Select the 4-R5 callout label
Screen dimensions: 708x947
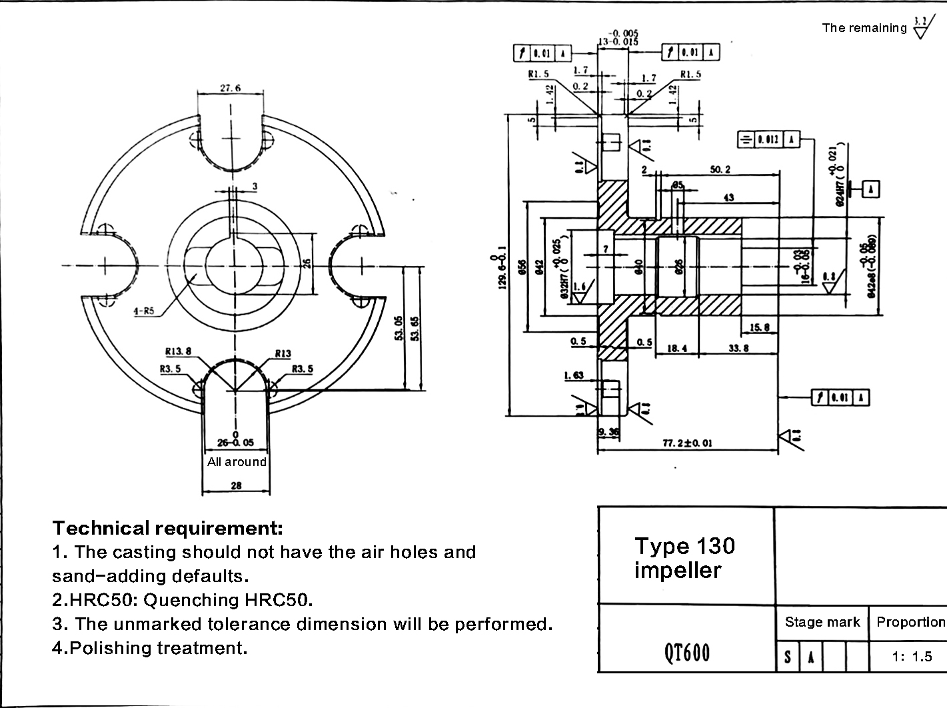[x=144, y=311]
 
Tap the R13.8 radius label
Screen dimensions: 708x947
[x=178, y=351]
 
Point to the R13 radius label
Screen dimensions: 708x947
[x=283, y=354]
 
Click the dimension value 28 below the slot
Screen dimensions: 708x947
[x=236, y=486]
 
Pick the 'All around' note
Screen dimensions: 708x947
[x=237, y=462]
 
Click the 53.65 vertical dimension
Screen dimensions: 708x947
[x=416, y=328]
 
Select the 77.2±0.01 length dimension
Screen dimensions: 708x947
[x=687, y=443]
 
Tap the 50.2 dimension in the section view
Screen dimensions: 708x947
[x=720, y=170]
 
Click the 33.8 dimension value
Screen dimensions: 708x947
[x=738, y=348]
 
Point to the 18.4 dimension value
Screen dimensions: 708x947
[x=677, y=348]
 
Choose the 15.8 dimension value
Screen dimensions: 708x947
[x=760, y=327]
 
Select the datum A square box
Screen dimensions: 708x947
[x=870, y=189]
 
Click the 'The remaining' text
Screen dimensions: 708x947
[x=864, y=28]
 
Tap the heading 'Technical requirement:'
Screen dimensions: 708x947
[x=168, y=529]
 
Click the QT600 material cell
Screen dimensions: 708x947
[x=687, y=653]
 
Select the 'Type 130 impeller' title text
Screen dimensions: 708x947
[x=684, y=558]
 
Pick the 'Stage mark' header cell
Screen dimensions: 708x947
[x=822, y=623]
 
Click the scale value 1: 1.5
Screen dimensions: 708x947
[x=912, y=657]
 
